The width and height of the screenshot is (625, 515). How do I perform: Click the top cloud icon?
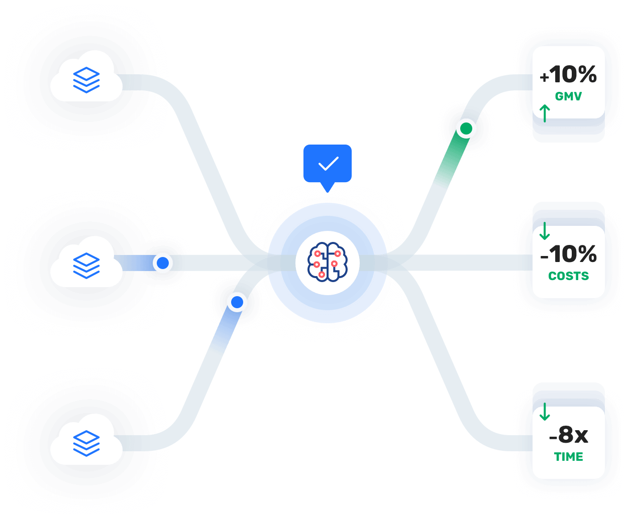point(86,80)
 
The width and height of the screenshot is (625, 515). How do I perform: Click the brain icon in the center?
point(328,262)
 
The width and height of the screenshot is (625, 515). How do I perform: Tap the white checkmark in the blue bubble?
point(328,164)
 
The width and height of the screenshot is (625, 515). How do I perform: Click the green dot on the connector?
point(466,128)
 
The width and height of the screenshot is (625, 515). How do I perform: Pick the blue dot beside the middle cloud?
point(163,263)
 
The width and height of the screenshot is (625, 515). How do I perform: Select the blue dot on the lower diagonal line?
point(237,302)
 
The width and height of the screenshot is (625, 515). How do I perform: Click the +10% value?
point(568,75)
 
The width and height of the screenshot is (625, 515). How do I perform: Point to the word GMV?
point(568,96)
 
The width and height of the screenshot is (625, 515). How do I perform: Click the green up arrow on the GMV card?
point(545,113)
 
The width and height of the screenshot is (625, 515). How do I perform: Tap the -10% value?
point(568,254)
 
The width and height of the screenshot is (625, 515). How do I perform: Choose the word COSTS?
point(568,276)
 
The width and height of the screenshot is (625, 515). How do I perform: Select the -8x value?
point(568,435)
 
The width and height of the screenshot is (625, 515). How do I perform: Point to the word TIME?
point(568,457)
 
